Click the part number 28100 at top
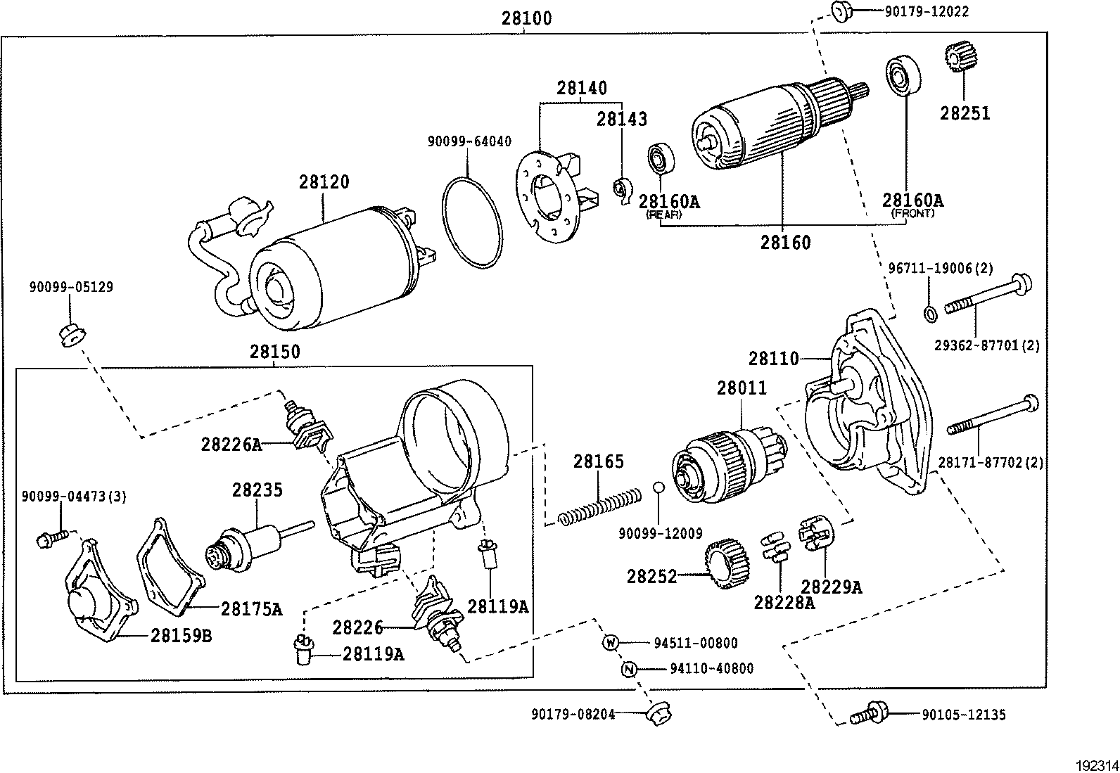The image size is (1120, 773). (526, 18)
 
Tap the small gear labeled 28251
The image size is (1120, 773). (956, 58)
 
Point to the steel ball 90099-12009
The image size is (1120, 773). (658, 488)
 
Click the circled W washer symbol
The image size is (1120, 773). (610, 642)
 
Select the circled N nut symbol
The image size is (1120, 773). (629, 669)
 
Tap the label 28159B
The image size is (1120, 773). (181, 635)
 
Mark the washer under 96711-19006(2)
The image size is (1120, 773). (929, 312)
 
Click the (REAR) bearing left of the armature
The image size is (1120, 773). (661, 158)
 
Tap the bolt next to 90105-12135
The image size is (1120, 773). (867, 713)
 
